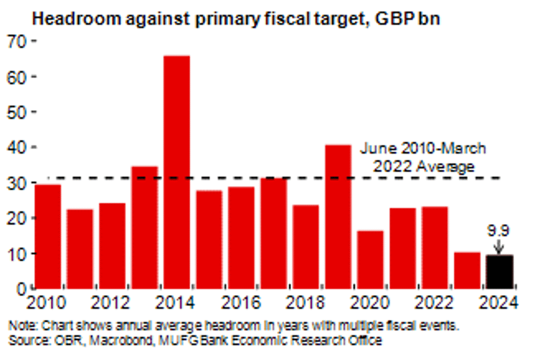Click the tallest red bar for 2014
[x=176, y=172]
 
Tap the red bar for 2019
[x=338, y=217]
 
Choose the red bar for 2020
[x=370, y=260]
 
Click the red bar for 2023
[x=467, y=270]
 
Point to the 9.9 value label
[x=498, y=230]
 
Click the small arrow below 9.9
[x=498, y=246]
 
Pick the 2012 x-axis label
[x=112, y=304]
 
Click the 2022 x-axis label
[x=434, y=304]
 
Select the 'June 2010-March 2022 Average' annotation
[x=423, y=157]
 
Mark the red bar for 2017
[x=273, y=233]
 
